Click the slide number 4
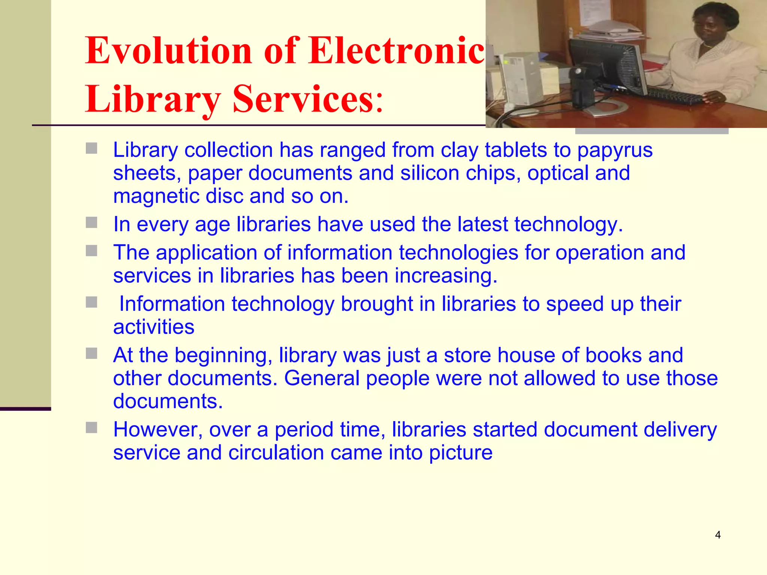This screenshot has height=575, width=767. tap(718, 535)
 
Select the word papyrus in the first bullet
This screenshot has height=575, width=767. tap(615, 150)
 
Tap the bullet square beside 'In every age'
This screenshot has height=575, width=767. tap(91, 223)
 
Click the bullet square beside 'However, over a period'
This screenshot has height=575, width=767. tap(91, 428)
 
